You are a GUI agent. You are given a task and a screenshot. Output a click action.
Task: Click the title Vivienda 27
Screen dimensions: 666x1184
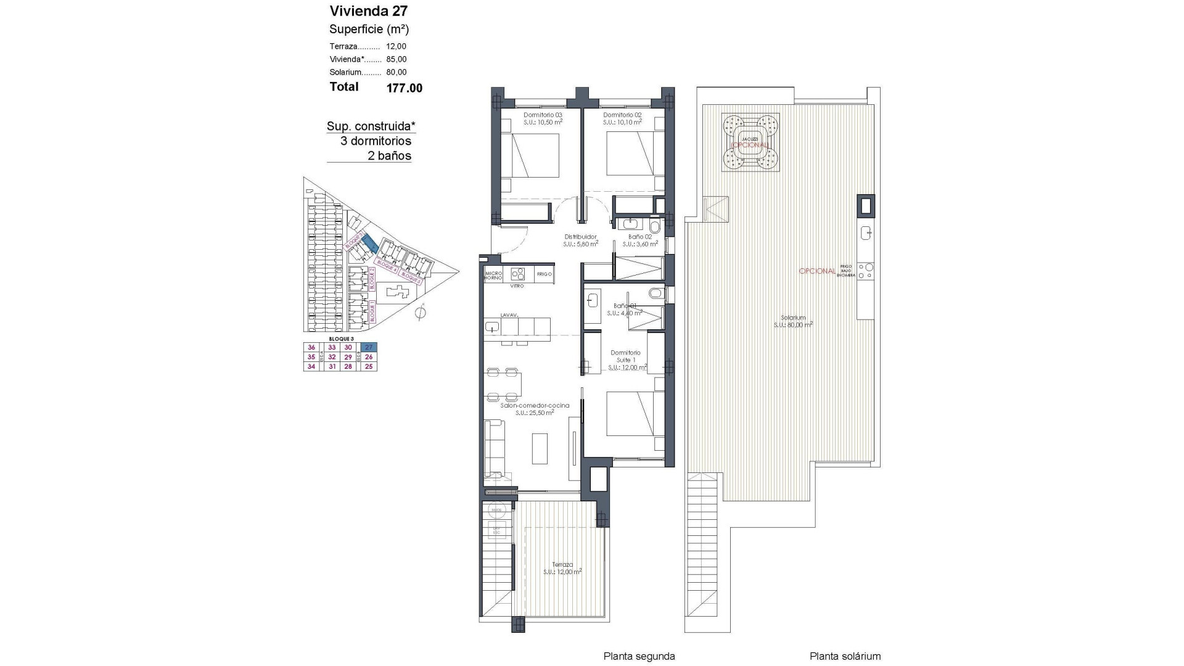(368, 10)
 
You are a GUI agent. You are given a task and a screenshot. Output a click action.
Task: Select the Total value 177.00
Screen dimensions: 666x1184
(404, 88)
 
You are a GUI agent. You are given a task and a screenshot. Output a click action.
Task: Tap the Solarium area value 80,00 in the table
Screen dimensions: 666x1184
(396, 72)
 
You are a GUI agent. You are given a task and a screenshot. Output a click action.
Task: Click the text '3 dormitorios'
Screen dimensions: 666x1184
(376, 141)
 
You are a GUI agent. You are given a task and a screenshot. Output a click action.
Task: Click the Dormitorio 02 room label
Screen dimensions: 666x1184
(623, 115)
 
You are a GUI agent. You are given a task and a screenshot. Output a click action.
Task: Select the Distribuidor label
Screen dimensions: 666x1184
(580, 237)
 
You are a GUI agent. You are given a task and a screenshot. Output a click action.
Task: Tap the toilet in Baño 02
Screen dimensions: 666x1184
(654, 228)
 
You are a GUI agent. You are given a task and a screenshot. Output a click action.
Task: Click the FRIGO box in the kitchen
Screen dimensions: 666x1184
(545, 274)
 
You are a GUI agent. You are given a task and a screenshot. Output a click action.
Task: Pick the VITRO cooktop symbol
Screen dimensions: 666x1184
(517, 274)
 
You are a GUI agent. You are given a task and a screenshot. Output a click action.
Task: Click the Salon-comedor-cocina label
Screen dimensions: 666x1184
(535, 405)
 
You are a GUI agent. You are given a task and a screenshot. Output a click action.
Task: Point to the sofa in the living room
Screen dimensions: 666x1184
(495, 448)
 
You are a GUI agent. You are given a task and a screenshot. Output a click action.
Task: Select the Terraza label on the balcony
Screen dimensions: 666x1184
(562, 564)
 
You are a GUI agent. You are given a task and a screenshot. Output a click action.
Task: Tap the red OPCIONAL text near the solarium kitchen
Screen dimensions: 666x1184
(817, 271)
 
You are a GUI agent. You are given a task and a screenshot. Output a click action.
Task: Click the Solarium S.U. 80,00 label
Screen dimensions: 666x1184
(792, 321)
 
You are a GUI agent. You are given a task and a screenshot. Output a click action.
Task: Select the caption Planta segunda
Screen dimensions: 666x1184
(639, 656)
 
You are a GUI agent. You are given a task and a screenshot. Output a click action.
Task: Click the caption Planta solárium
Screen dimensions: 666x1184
(845, 656)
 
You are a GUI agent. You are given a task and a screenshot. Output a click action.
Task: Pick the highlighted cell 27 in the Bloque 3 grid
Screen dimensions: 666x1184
(369, 348)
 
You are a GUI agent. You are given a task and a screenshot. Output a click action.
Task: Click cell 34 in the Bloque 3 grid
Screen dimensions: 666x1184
(311, 367)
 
